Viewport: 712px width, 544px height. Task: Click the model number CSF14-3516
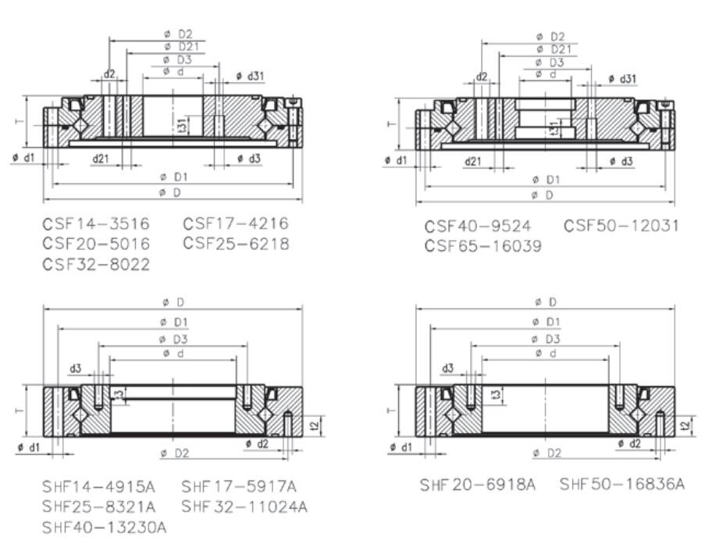tap(96, 224)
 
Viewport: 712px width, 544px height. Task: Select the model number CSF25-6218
tap(236, 244)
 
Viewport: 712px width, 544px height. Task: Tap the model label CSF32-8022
tap(96, 264)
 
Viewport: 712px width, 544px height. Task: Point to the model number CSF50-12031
tap(621, 225)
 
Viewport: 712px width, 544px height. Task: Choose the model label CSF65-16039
tap(483, 246)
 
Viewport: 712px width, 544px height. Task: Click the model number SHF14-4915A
tap(98, 487)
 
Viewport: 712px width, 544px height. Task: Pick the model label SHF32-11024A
tap(244, 506)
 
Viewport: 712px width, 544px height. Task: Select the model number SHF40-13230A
tap(104, 527)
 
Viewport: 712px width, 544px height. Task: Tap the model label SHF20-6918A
tap(477, 485)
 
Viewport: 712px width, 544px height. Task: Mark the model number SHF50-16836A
tap(622, 484)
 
